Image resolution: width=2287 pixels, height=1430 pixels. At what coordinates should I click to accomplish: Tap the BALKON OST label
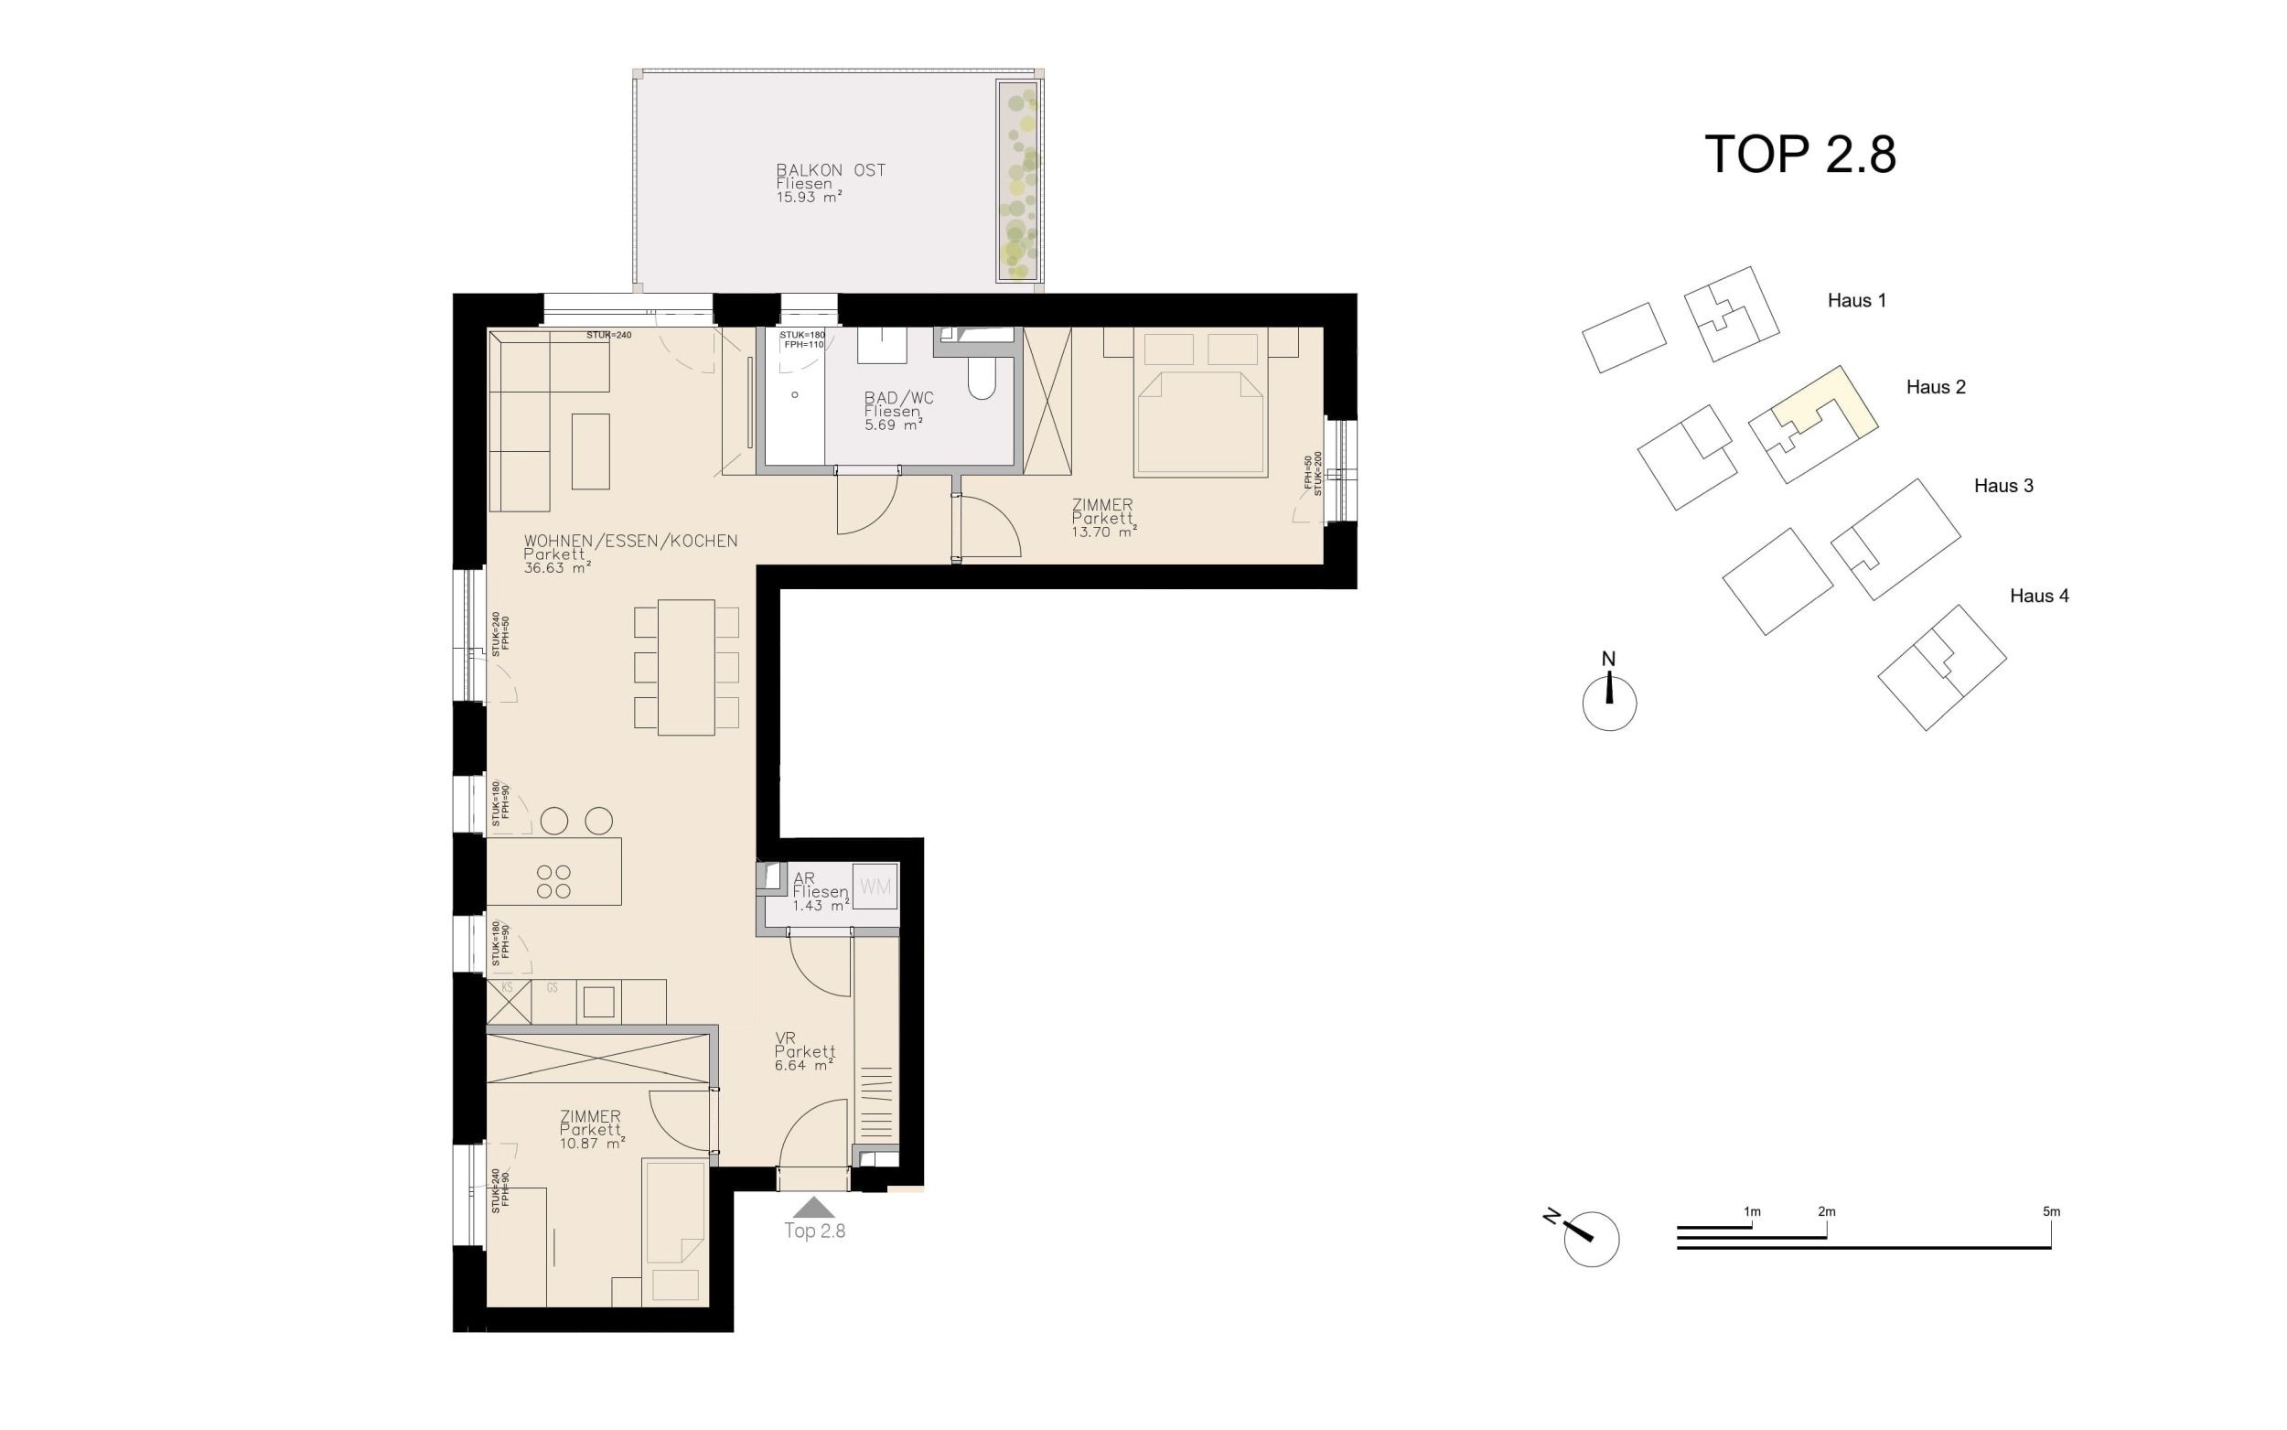tap(830, 170)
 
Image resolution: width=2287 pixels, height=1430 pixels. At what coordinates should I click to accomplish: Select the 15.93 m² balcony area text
tap(809, 198)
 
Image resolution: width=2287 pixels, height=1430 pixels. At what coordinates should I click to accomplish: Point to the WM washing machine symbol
tap(875, 887)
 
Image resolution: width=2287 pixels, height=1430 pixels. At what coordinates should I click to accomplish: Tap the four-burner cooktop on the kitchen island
tap(554, 881)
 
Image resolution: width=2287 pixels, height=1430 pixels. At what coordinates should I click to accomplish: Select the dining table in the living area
tap(686, 668)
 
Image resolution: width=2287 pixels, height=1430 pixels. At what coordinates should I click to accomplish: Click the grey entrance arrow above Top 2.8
tap(813, 1207)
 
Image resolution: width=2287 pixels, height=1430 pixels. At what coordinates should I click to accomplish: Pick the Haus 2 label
tap(1936, 387)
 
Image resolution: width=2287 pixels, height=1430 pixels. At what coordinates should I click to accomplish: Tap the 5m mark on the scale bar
tap(2051, 1211)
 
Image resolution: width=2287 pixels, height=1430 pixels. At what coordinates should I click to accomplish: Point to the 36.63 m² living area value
tap(558, 568)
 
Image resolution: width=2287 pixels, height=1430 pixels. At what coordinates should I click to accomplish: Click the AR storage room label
tap(803, 878)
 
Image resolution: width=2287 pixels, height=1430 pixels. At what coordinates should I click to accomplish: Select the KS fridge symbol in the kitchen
tap(508, 1002)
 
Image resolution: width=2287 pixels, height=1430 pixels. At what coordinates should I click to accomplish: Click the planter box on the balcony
tap(1018, 180)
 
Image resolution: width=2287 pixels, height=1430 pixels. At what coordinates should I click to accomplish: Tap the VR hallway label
tap(785, 1038)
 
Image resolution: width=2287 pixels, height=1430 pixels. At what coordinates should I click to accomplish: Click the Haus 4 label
tap(2038, 596)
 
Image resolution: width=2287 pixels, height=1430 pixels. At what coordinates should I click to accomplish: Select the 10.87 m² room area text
tap(592, 1144)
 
